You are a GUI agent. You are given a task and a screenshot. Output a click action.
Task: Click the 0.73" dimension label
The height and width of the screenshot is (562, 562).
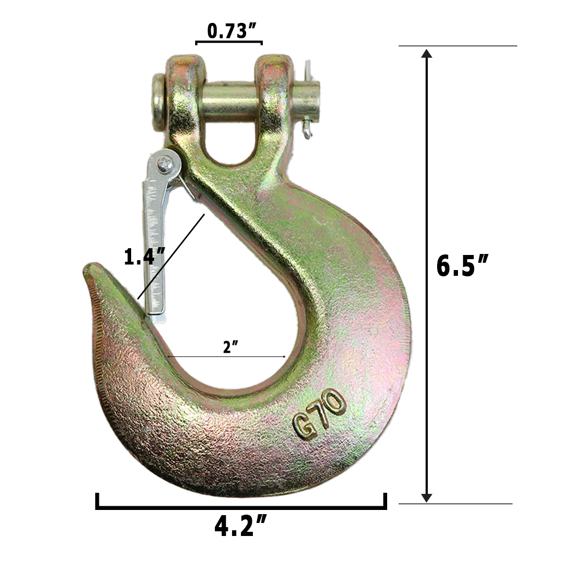228,31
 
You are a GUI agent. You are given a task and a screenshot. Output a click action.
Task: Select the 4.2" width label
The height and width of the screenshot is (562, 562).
240,527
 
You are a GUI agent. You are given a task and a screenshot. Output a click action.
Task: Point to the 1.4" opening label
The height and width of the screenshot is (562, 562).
144,257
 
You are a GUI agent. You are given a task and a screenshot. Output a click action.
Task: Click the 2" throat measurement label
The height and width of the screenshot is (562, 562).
227,347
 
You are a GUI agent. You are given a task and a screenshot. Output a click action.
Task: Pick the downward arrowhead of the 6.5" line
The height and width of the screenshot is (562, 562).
427,497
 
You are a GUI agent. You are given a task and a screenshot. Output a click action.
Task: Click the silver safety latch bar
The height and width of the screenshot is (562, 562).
154,245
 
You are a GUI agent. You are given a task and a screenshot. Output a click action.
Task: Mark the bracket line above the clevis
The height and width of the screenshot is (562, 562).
228,42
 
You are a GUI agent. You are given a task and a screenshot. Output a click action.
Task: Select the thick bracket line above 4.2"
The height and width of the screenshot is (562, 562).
240,506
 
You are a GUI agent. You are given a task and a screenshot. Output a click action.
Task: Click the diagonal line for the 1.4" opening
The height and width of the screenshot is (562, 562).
172,255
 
